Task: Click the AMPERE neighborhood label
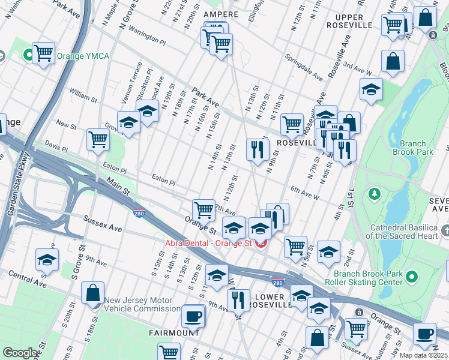click(x=221, y=14)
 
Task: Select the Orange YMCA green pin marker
click(x=28, y=56)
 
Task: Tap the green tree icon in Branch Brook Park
click(x=375, y=193)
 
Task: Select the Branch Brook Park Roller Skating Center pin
click(x=411, y=277)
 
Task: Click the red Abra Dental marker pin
click(x=261, y=243)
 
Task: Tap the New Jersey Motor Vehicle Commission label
click(x=142, y=305)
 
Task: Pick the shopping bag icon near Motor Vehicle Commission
click(x=93, y=294)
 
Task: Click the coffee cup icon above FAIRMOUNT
click(x=193, y=316)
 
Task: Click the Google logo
click(x=20, y=353)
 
